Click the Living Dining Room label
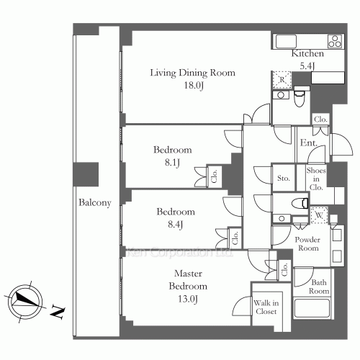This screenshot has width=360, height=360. point(193,73)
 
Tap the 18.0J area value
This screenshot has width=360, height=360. point(194,86)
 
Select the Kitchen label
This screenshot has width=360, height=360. point(307,53)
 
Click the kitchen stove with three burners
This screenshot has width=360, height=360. point(335,41)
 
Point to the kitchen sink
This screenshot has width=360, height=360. point(286,41)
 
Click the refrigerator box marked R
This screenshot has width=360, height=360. point(282,79)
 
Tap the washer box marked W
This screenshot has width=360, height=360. point(319,215)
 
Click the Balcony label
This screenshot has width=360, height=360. point(95,203)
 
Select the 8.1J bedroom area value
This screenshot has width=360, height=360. point(172,163)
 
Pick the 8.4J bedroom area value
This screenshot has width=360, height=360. point(176,225)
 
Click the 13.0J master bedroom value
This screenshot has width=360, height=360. point(188,299)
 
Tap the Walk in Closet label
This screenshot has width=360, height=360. point(266,307)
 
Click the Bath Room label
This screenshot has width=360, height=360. point(319,287)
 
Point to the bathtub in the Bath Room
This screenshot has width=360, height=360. point(312,308)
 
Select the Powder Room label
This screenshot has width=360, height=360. point(308,243)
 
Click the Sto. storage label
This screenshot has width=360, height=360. point(284,178)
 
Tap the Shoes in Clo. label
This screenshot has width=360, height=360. point(316,179)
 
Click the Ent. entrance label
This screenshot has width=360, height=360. point(309,143)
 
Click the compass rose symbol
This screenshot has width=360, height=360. point(25,302)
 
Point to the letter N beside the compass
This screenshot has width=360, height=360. point(58,312)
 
